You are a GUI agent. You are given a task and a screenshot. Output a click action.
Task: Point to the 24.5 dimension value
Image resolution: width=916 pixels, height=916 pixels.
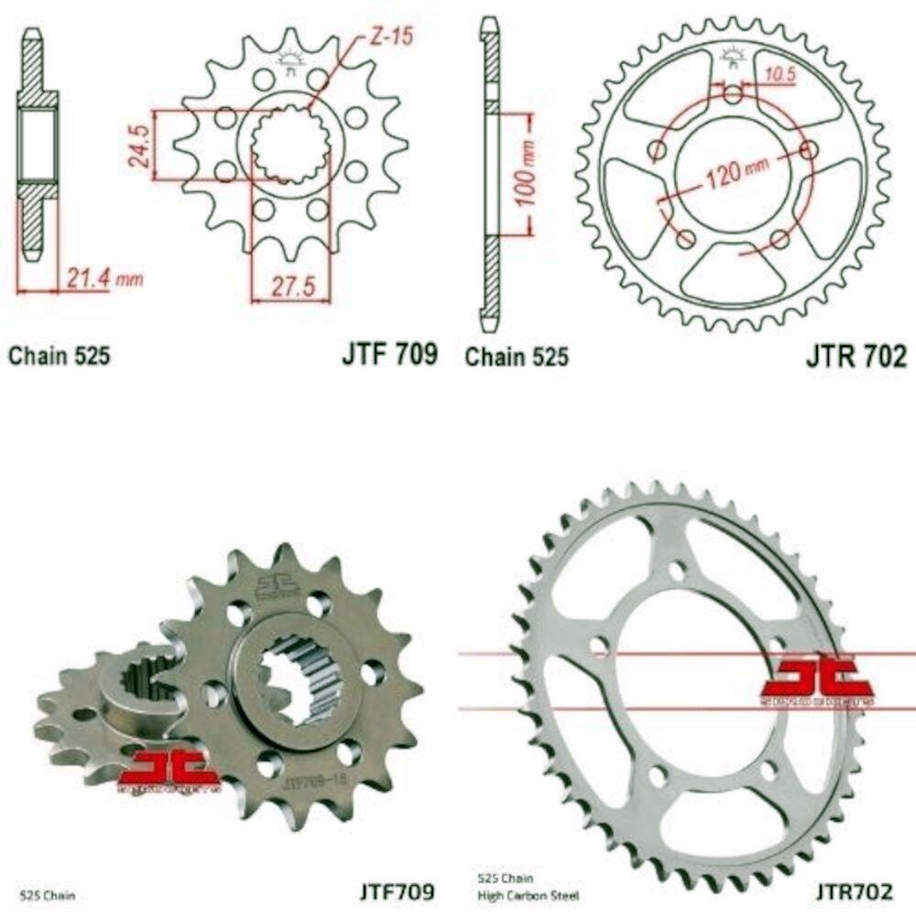[x=140, y=145]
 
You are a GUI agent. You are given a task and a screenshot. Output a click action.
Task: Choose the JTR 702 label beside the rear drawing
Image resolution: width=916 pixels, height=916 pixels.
[x=856, y=355]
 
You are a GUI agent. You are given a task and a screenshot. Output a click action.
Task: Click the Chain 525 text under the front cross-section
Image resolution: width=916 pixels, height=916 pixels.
[x=60, y=355]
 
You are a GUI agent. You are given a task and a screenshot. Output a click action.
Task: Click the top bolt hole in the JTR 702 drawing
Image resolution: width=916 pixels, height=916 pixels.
[x=733, y=95]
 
